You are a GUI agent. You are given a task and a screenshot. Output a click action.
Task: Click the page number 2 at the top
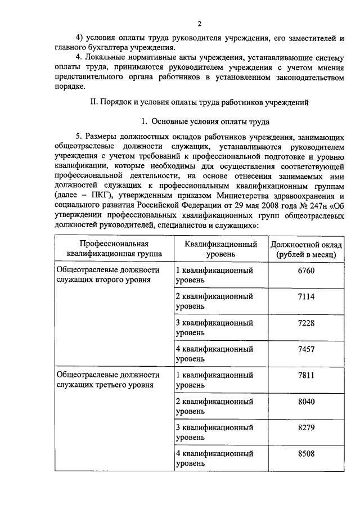pos(199,23)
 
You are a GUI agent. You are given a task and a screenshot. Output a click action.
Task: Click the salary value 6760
pos(306,271)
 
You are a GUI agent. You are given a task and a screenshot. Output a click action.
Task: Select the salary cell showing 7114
pos(306,297)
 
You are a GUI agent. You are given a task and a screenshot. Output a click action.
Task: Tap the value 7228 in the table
pos(306,323)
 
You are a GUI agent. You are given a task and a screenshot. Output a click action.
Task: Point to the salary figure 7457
pos(306,349)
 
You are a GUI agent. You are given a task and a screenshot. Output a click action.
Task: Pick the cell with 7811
pos(306,375)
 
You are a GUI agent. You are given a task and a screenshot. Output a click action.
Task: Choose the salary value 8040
pos(306,402)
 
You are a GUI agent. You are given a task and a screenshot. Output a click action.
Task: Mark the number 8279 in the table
pos(306,427)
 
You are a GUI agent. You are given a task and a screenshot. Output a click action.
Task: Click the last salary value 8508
pos(306,453)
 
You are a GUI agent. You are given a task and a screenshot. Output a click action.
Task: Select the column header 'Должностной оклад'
pos(306,249)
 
